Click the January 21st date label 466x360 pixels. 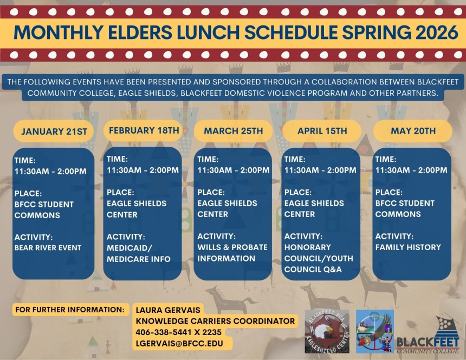click(54, 132)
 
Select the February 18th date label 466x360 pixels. click(144, 130)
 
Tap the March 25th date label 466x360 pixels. click(234, 131)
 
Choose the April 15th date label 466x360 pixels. click(322, 131)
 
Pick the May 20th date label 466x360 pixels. click(413, 131)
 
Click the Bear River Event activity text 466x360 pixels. click(48, 248)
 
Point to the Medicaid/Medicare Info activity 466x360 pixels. click(139, 253)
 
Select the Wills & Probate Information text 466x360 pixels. click(232, 253)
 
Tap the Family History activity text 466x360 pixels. click(408, 247)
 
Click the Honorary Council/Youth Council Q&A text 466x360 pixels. click(319, 258)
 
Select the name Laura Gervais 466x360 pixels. click(168, 310)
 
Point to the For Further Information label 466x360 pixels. click(70, 310)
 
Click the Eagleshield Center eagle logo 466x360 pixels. click(327, 331)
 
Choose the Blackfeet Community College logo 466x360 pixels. click(428, 335)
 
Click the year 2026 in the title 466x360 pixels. click(437, 33)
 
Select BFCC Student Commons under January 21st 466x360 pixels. click(44, 210)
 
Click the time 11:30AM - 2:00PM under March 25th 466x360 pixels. click(233, 171)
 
